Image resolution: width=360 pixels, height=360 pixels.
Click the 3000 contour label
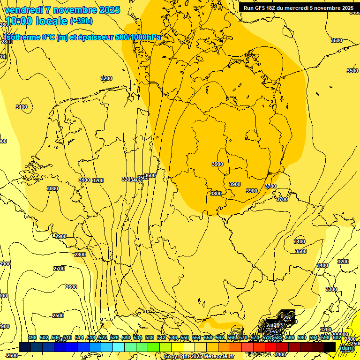[x=52, y=188]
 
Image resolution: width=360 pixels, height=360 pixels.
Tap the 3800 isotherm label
[x=216, y=194]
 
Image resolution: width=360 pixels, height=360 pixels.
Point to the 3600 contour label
[x=150, y=176]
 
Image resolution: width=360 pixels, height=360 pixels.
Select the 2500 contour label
[x=58, y=315]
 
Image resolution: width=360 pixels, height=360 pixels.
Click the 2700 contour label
[x=59, y=269]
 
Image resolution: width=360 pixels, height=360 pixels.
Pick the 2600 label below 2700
[x=71, y=287]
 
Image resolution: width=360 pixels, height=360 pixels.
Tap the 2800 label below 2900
[x=80, y=255]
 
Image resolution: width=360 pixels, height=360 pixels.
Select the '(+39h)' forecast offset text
[x=81, y=21]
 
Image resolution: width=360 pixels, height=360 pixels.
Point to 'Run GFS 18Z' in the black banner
[x=261, y=8]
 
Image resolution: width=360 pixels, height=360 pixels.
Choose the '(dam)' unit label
[x=347, y=348]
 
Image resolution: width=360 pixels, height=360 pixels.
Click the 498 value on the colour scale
[x=32, y=337]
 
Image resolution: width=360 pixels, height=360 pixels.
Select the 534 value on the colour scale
[x=138, y=337]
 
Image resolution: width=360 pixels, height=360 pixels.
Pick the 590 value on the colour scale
[x=302, y=337]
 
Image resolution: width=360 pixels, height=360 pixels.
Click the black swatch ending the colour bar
[x=330, y=347]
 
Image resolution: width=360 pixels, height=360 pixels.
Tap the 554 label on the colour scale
[x=196, y=337]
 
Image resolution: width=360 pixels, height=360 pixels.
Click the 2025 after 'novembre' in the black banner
[x=347, y=8]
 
